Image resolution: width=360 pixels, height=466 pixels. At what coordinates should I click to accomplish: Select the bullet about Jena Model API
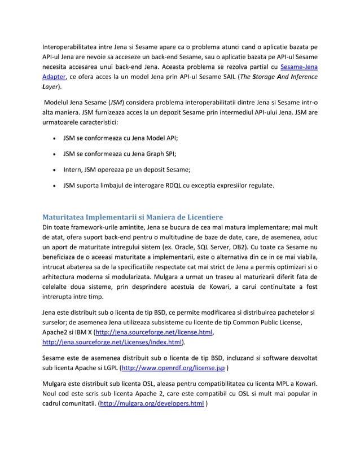click(112, 138)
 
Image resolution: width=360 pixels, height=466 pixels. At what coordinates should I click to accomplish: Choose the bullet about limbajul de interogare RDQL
click(169, 183)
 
